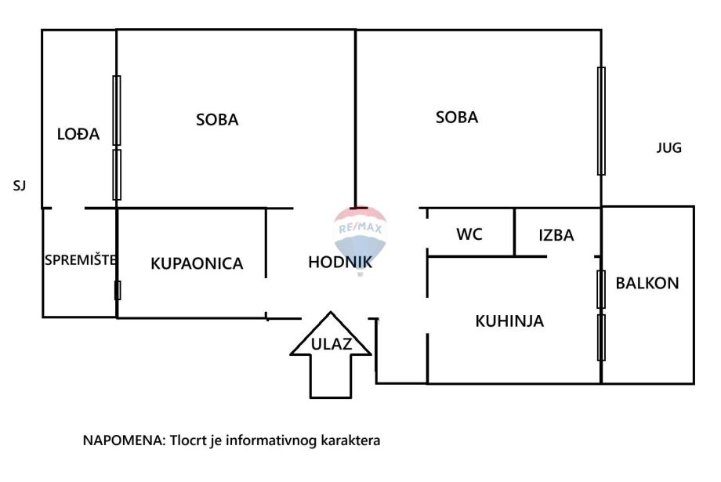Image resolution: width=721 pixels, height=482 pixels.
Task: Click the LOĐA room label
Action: coord(79,134)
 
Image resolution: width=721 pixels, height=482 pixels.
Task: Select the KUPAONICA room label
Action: coord(197,263)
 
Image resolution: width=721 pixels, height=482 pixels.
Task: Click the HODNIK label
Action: coord(340,263)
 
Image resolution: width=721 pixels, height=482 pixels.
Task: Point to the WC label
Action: coord(469,234)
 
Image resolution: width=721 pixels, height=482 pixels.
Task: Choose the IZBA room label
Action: coord(556,234)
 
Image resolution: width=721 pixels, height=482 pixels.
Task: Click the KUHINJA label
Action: coord(509,321)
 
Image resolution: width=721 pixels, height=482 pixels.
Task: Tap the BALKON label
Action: coord(647,283)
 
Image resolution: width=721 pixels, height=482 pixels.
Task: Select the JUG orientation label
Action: coord(668,147)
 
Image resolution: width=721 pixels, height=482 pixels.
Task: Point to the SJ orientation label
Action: coord(20,186)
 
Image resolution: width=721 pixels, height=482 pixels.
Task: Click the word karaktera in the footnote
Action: coord(350,441)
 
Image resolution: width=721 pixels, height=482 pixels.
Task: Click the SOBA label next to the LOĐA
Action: coord(217,120)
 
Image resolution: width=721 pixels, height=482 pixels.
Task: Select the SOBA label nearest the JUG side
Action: coord(457,118)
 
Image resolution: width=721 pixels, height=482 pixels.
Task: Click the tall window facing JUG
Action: coord(601,121)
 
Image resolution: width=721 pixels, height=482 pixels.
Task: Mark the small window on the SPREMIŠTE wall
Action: coord(118,290)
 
